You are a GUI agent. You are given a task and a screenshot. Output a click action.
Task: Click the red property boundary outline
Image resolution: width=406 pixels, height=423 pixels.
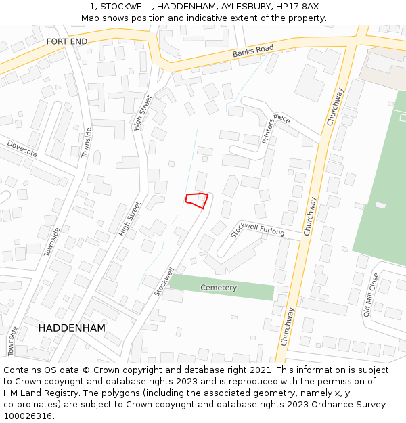[x=196, y=200]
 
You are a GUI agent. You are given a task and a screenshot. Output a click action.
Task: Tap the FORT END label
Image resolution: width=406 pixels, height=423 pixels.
[x=67, y=41]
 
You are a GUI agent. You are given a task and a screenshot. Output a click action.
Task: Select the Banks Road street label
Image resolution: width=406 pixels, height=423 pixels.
[x=253, y=51]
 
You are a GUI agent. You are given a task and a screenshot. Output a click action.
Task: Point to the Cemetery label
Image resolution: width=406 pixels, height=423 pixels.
[x=219, y=288]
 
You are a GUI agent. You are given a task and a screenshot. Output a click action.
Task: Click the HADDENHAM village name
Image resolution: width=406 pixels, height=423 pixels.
[x=72, y=328]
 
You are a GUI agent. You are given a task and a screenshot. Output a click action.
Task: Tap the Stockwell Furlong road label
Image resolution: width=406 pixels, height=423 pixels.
[x=258, y=228]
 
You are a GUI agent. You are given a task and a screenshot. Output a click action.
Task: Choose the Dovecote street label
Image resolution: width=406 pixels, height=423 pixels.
[x=22, y=148]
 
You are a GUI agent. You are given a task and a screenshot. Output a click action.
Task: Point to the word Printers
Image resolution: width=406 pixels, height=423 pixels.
[x=269, y=131]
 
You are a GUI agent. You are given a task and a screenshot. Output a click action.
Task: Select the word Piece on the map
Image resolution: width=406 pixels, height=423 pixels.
[x=281, y=118]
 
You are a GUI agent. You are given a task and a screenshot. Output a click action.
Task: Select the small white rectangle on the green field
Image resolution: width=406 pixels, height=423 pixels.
[x=380, y=205]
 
